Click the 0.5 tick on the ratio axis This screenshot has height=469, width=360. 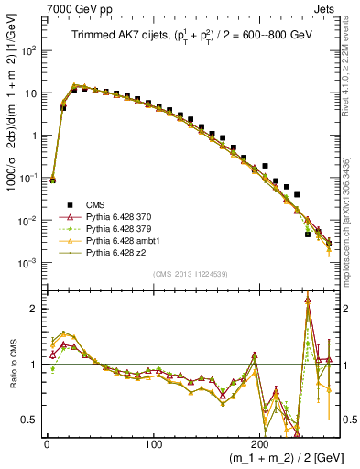29,420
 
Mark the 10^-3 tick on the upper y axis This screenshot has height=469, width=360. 27,263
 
